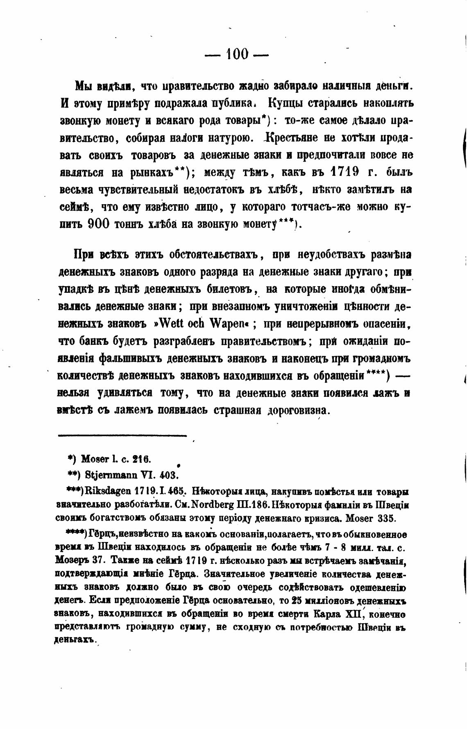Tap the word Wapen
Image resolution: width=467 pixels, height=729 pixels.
(x=229, y=324)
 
